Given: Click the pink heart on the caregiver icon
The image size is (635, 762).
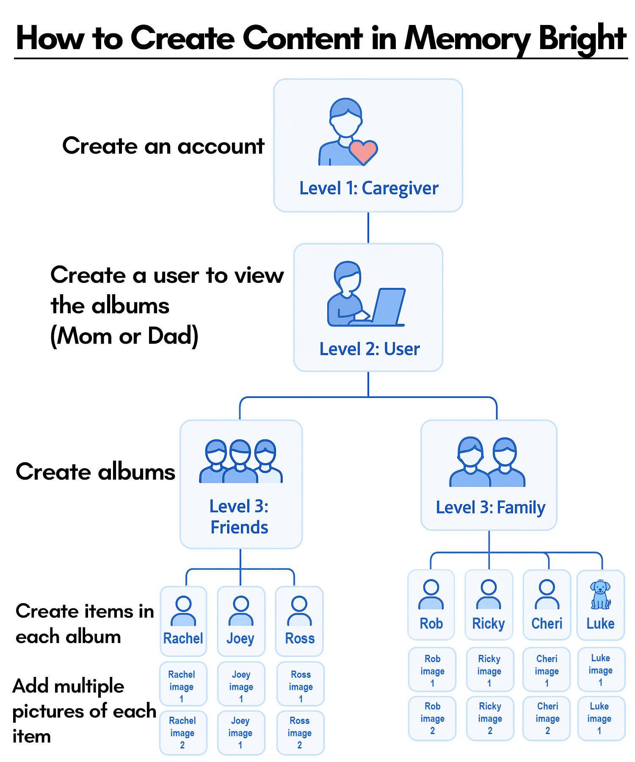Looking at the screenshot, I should (x=363, y=152).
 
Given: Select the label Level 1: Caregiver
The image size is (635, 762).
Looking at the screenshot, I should (x=369, y=188).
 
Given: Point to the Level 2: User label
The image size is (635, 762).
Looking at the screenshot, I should (x=369, y=349).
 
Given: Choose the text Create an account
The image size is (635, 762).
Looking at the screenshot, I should (x=163, y=146).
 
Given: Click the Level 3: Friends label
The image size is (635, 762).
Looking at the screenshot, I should (x=240, y=517).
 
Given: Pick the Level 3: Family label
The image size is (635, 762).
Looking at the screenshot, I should (x=490, y=507).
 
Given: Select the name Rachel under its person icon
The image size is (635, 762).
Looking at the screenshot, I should (x=183, y=638).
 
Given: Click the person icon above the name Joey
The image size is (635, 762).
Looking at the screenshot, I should (x=241, y=610).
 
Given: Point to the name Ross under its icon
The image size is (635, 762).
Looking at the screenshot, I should (x=300, y=638).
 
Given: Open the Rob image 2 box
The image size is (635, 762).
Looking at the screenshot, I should (x=432, y=718).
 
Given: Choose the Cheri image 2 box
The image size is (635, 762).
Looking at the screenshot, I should (x=547, y=718).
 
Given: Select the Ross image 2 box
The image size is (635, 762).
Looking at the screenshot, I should (x=300, y=733).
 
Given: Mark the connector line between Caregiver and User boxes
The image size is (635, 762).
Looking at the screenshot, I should (x=368, y=228).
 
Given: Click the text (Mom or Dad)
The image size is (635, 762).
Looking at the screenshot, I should (x=124, y=337).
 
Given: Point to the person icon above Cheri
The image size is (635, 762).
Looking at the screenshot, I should (x=547, y=594).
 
